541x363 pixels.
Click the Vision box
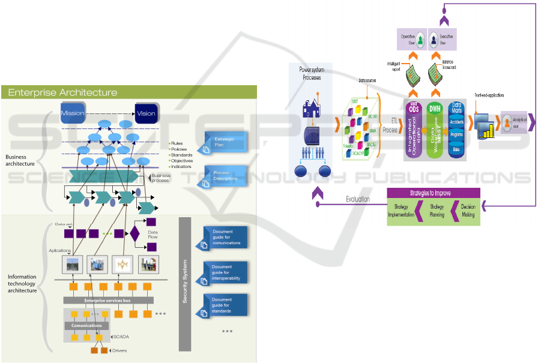pyautogui.click(x=146, y=113)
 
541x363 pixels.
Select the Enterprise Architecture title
pyautogui.click(x=62, y=92)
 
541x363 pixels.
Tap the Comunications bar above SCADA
pyautogui.click(x=87, y=326)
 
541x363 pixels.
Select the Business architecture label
pyautogui.click(x=20, y=160)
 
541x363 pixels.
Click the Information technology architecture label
pyautogui.click(x=22, y=284)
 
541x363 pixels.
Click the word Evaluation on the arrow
pyautogui.click(x=357, y=199)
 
